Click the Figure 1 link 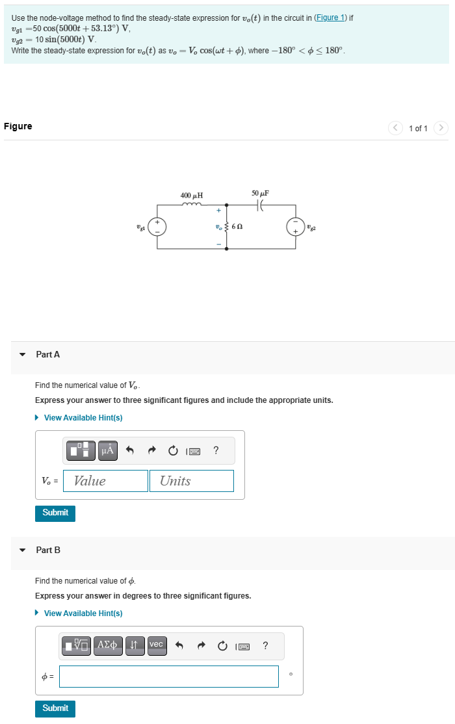330,18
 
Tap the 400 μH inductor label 191,195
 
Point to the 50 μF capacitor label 260,194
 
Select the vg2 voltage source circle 295,226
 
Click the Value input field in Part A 105,481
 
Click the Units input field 191,481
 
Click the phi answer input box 168,677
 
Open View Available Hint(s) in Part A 83,418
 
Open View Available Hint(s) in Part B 83,614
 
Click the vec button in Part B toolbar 156,645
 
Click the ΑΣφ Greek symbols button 108,645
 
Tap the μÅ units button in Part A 108,450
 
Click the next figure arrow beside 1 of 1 441,128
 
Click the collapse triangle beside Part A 23,355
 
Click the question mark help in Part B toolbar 265,645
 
